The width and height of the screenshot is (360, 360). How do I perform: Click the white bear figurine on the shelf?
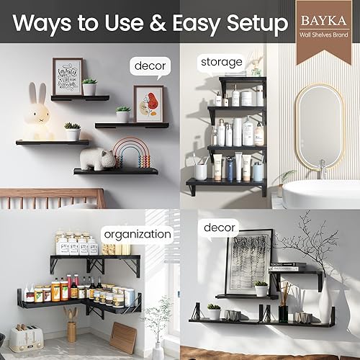(x=98, y=158)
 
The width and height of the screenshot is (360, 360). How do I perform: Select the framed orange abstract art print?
(x=148, y=104)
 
